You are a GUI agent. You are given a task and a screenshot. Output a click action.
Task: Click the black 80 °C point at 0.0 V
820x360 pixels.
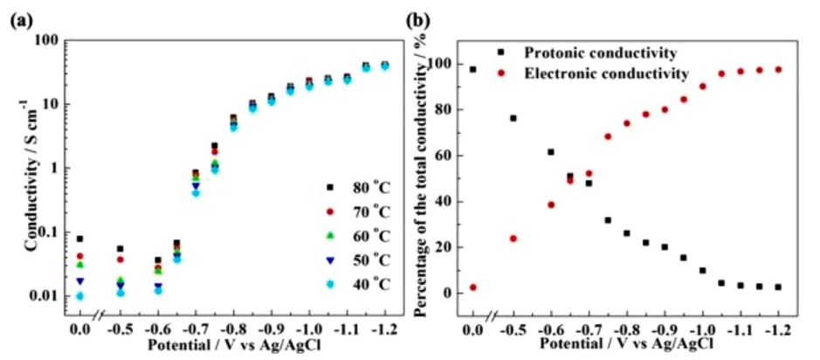pyautogui.click(x=80, y=239)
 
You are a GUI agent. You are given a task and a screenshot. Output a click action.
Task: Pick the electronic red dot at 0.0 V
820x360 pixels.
pyautogui.click(x=473, y=287)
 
